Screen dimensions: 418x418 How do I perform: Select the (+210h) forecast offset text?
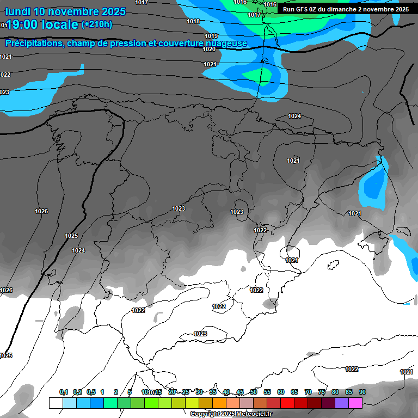pos(96,24)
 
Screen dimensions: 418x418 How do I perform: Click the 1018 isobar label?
pos(193,21)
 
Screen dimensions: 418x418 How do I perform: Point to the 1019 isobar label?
pos(212,36)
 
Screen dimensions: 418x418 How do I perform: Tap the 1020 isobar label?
pos(209,49)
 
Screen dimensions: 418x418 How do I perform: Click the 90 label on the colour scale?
pos(362,392)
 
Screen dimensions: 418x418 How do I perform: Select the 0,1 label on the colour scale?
pos(64,392)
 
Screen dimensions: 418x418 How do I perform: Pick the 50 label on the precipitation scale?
pos(254,392)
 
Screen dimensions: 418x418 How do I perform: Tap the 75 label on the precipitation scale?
pos(322,392)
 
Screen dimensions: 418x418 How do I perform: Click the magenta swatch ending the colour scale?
pos(355,403)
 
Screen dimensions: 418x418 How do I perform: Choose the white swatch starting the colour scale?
pos(56,403)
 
